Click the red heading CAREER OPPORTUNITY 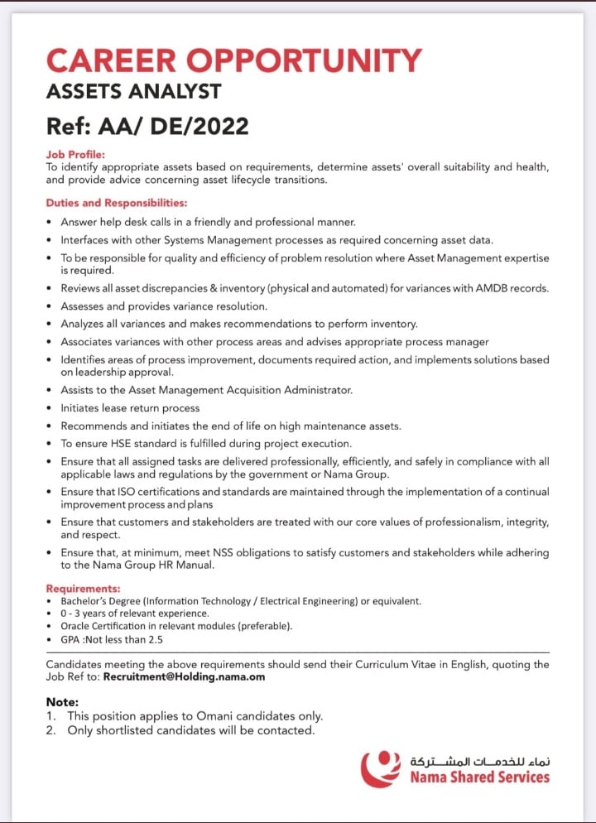[233, 60]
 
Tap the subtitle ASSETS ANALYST [133, 91]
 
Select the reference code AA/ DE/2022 [173, 126]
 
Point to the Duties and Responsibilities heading [116, 202]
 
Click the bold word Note [62, 701]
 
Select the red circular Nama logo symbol [380, 768]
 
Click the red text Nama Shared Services [480, 777]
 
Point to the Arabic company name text [480, 759]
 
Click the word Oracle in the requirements [76, 626]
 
